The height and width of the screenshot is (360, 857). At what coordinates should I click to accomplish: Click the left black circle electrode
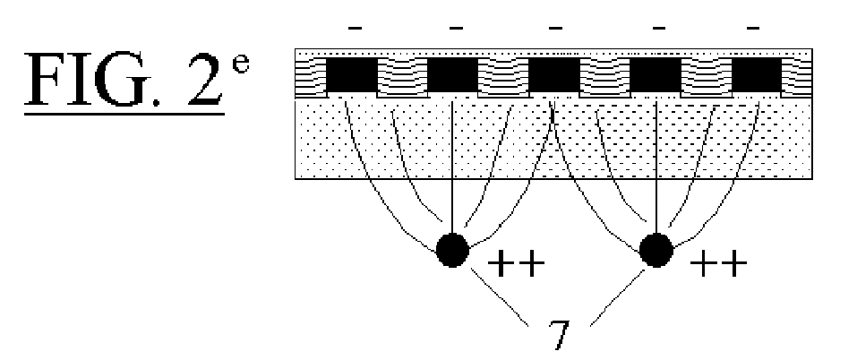pyautogui.click(x=452, y=250)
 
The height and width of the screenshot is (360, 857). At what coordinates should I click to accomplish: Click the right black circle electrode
pyautogui.click(x=656, y=250)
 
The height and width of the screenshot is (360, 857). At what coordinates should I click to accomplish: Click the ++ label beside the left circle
pyautogui.click(x=516, y=264)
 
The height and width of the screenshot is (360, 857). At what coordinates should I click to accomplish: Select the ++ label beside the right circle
pyautogui.click(x=718, y=264)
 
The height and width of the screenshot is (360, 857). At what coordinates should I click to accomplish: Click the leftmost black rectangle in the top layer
pyautogui.click(x=352, y=75)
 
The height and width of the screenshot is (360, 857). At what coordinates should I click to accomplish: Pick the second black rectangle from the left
pyautogui.click(x=452, y=75)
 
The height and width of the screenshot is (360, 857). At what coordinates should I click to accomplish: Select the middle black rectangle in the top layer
pyautogui.click(x=553, y=75)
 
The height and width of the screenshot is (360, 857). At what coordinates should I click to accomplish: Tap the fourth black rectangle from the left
pyautogui.click(x=656, y=75)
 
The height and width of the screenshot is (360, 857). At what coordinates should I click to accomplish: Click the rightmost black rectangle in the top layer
pyautogui.click(x=757, y=75)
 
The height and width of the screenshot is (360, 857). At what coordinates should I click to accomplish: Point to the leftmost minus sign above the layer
pyautogui.click(x=355, y=28)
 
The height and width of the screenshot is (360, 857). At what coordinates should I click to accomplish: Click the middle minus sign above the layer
pyautogui.click(x=556, y=28)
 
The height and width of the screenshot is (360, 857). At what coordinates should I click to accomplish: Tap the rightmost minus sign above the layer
pyautogui.click(x=752, y=28)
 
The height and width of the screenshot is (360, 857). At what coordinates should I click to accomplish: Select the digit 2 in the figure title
pyautogui.click(x=205, y=79)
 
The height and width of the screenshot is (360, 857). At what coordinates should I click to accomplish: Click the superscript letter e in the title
pyautogui.click(x=241, y=63)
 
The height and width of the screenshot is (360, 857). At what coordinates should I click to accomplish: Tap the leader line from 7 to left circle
pyautogui.click(x=500, y=296)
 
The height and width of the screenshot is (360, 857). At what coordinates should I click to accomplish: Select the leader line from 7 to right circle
pyautogui.click(x=618, y=296)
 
